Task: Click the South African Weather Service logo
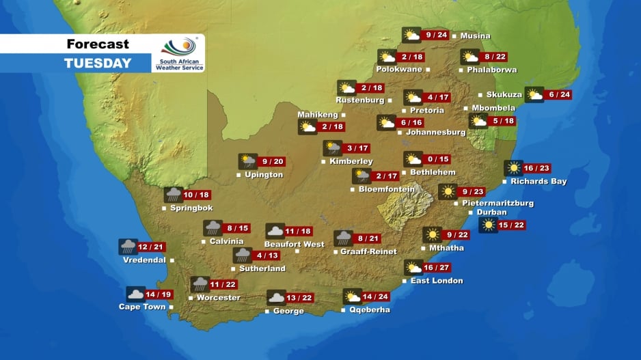(x=178, y=54)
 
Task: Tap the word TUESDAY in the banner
(x=98, y=64)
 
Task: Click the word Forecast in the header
(x=98, y=44)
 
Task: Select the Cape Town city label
(x=142, y=307)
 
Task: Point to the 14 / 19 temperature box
(x=158, y=294)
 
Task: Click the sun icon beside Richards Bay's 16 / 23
(x=513, y=168)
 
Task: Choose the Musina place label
(x=475, y=36)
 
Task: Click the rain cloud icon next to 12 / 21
(x=128, y=247)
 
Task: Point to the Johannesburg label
(x=435, y=132)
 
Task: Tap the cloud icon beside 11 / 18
(x=275, y=232)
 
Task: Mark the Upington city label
(x=264, y=175)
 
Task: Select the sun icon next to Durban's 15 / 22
(x=489, y=225)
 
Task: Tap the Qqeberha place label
(x=370, y=309)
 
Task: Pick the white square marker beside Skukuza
(x=480, y=95)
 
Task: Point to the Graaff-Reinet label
(x=368, y=251)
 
